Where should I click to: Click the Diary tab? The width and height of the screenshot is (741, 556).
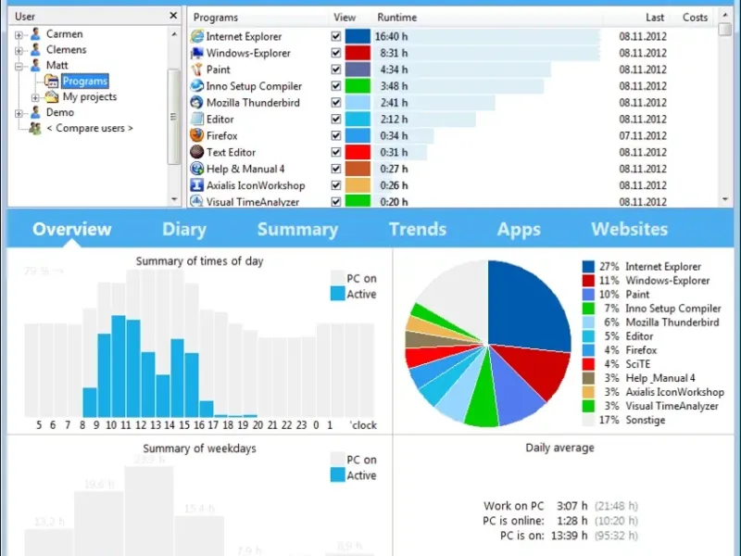[183, 230]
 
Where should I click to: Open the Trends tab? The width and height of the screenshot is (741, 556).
[417, 230]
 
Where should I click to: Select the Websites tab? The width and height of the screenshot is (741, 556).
[629, 230]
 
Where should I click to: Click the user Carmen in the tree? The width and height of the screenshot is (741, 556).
[64, 34]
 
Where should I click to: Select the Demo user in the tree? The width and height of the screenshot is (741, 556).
[59, 112]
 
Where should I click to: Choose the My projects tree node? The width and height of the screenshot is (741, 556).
[89, 96]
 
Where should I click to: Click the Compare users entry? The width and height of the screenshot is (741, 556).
[89, 128]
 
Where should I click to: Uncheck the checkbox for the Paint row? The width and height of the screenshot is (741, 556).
[336, 69]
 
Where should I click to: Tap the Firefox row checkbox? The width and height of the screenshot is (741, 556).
[336, 136]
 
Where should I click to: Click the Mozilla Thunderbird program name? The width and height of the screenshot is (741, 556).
[252, 103]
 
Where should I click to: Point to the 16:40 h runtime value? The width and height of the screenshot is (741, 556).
[391, 36]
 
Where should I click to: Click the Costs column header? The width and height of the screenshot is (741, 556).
[695, 17]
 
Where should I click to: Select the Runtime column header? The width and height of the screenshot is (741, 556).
[396, 17]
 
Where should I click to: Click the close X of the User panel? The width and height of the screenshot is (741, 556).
[173, 16]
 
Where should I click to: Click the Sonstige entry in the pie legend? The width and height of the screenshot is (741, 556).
[645, 420]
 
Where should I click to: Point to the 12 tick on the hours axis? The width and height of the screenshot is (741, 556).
[141, 425]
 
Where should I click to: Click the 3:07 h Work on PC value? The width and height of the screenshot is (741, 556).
[571, 506]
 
